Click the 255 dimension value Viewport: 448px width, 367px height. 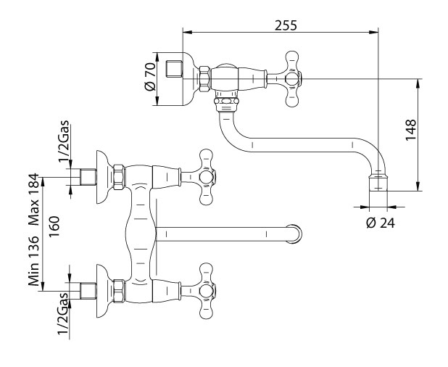(x=286, y=25)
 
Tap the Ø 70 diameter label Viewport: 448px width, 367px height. (x=150, y=77)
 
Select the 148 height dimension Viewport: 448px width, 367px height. (x=411, y=130)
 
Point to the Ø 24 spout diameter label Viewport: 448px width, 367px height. (x=381, y=223)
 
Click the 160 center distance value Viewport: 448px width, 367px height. (x=54, y=226)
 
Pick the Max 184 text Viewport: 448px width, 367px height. (x=33, y=199)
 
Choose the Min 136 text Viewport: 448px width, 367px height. (x=33, y=260)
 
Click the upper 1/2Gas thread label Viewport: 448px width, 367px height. (x=64, y=141)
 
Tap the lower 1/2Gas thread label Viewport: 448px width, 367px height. (x=63, y=313)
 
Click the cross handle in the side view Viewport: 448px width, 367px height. (x=292, y=78)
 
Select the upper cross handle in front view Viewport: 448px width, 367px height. (x=206, y=177)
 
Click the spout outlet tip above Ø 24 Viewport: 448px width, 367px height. (x=378, y=182)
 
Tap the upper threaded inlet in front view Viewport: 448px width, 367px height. (x=88, y=177)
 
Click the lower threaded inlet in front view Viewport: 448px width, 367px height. (x=88, y=292)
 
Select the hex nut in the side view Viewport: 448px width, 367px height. (x=204, y=79)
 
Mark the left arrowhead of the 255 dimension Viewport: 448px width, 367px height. (x=186, y=32)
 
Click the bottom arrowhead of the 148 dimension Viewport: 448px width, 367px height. (x=418, y=187)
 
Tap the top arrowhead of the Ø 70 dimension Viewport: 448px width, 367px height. (x=157, y=57)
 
